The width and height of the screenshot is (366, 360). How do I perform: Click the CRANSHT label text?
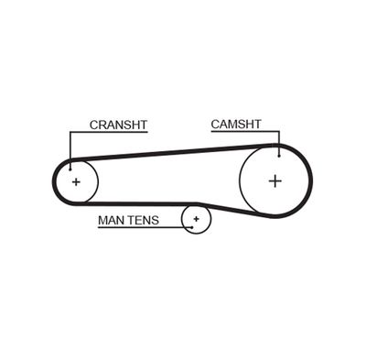118,125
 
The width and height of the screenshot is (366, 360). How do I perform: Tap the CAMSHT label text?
236,125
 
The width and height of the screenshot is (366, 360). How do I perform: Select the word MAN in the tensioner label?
111,220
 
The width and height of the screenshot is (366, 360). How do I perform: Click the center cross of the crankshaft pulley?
76,182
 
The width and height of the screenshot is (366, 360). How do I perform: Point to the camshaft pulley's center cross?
275,181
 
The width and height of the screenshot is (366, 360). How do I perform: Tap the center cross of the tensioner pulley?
197,219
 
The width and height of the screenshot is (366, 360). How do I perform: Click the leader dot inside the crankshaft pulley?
70,169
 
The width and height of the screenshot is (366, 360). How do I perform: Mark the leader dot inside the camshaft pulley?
279,156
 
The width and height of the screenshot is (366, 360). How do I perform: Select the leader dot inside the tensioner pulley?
191,227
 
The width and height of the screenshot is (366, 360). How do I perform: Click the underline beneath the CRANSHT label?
109,132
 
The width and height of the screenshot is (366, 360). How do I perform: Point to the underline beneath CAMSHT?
245,132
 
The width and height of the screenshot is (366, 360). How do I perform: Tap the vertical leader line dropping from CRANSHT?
70,150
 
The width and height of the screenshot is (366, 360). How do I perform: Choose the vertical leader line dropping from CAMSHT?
279,144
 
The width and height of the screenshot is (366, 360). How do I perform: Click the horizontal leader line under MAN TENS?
145,227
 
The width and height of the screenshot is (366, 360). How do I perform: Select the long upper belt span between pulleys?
174,152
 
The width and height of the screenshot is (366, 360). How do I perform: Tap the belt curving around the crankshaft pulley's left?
54,182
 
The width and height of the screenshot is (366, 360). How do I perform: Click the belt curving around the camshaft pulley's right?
310,180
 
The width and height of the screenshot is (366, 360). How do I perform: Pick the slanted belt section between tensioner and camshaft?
235,210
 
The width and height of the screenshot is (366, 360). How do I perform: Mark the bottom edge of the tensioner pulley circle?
197,234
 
